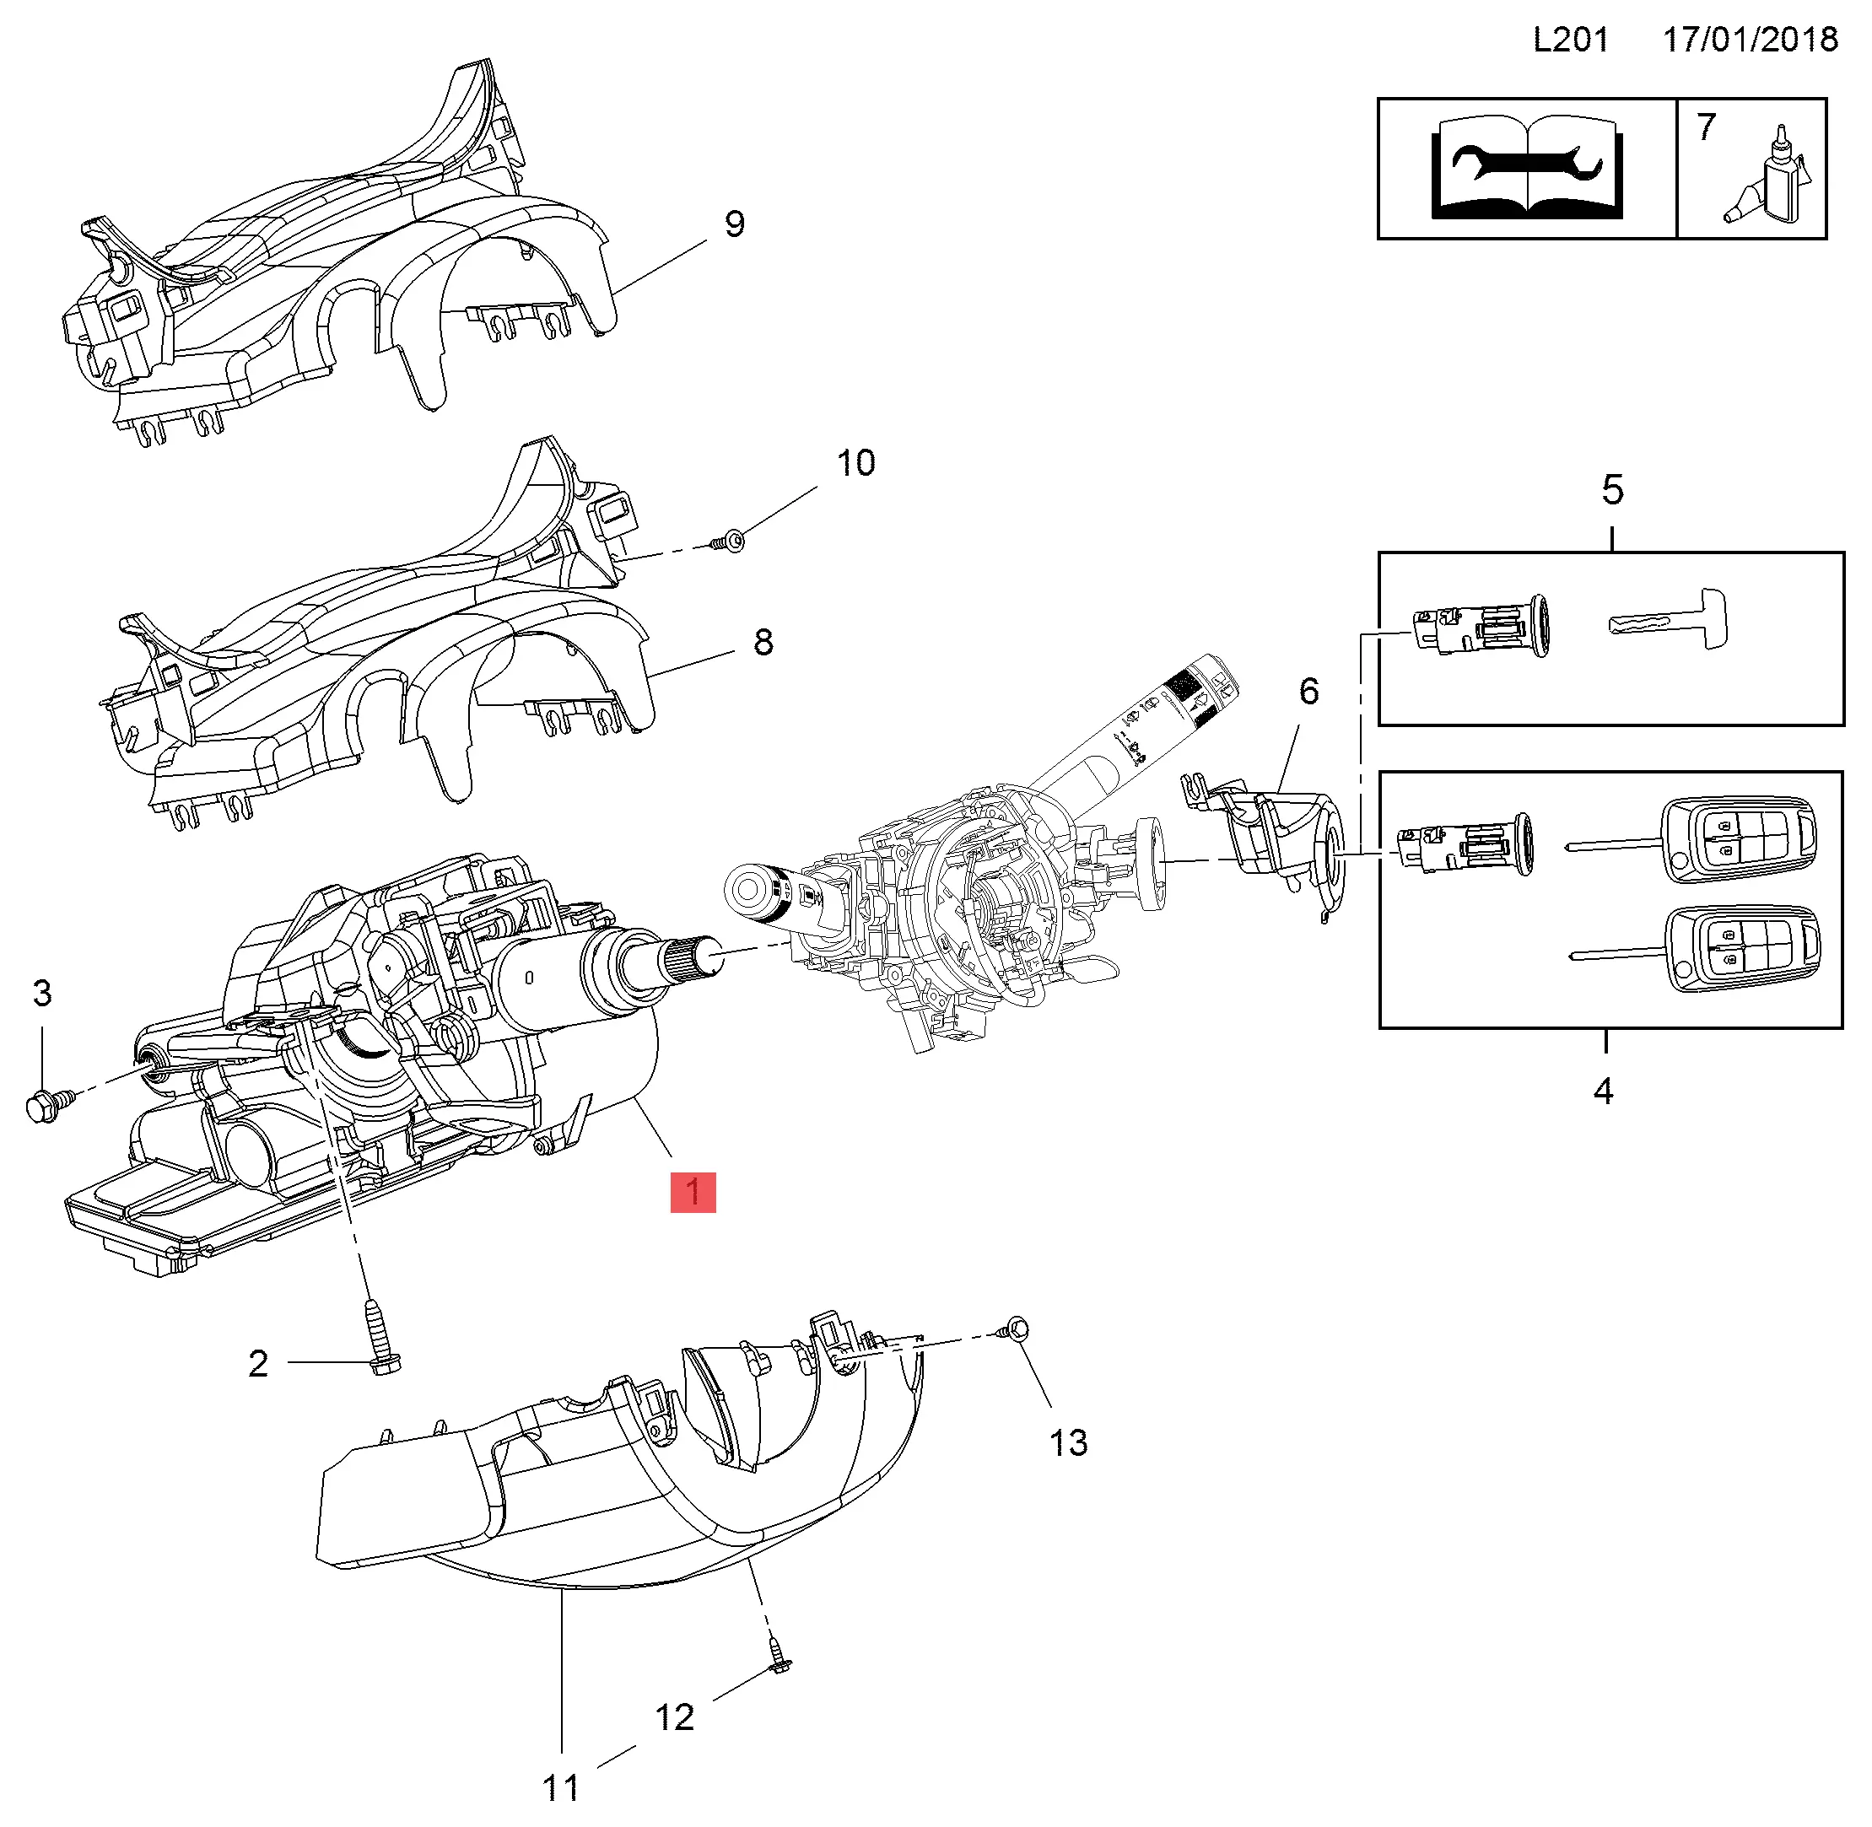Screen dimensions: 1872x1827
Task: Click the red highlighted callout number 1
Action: tap(693, 1193)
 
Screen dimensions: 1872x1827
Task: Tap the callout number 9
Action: tap(734, 224)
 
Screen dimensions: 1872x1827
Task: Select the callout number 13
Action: tap(1068, 1442)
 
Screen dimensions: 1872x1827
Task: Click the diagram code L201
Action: tap(1571, 40)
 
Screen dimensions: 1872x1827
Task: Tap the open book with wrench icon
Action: tap(1527, 168)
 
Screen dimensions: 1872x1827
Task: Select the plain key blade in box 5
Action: tap(1668, 620)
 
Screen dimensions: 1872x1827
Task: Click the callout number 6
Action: tap(1308, 691)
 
